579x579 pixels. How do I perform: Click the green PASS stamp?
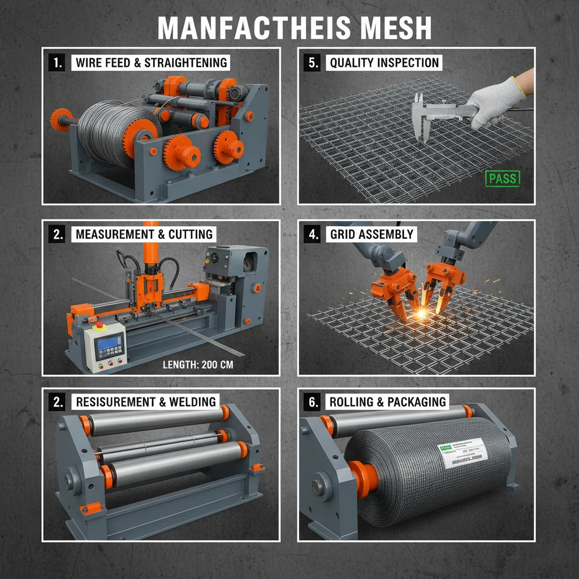point(502,179)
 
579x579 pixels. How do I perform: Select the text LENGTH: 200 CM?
point(198,365)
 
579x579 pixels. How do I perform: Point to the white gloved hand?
point(493,99)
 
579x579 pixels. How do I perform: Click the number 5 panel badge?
point(313,63)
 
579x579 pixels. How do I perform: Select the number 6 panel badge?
point(313,402)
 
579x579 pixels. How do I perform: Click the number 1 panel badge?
point(57,63)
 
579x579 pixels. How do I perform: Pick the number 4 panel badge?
point(313,234)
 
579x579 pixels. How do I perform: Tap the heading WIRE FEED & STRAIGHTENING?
point(151,63)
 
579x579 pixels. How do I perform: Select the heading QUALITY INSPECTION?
point(384,63)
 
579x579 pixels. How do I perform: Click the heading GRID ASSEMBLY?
point(371,234)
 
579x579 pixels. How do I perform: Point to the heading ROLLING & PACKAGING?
point(388,402)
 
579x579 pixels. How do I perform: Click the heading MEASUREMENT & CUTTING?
point(144,234)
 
